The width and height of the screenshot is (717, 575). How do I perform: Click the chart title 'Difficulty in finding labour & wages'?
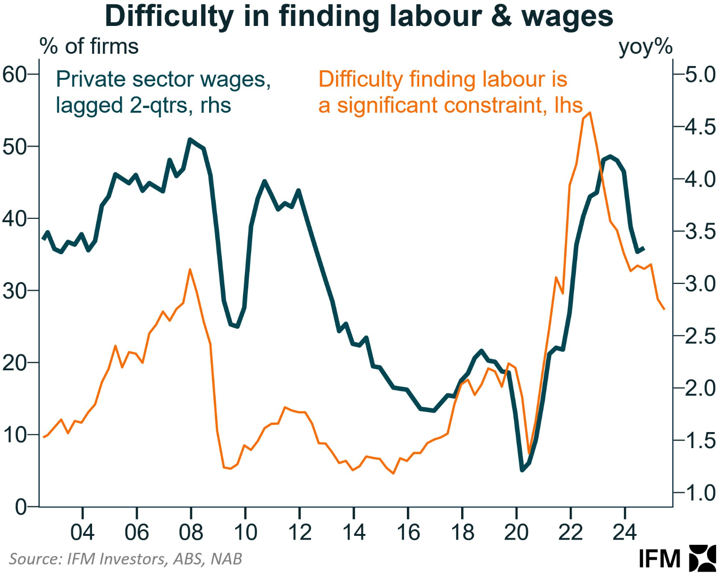click(359, 16)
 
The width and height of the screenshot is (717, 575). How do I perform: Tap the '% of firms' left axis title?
click(89, 47)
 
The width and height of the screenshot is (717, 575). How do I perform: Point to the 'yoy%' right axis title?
click(645, 47)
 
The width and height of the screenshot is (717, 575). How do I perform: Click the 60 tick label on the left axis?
click(14, 75)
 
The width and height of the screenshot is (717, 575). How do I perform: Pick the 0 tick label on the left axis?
click(20, 507)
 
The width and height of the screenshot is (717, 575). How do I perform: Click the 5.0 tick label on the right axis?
click(700, 75)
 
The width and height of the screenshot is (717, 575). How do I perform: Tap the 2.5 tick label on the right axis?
click(700, 336)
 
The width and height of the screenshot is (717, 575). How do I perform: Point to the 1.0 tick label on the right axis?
click(700, 493)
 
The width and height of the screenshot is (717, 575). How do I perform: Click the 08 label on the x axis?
click(191, 533)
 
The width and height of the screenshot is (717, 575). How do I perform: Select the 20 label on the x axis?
click(516, 533)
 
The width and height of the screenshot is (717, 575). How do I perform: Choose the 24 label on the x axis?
click(624, 533)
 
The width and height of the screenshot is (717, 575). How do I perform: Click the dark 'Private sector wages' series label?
click(163, 92)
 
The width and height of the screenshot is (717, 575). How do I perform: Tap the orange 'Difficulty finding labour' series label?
click(450, 92)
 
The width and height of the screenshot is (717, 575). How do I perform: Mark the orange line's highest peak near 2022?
click(590, 113)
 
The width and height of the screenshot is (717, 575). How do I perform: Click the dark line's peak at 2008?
click(190, 140)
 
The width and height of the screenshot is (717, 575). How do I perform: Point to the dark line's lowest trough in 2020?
click(522, 470)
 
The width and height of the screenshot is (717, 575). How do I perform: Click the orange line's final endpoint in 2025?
click(664, 309)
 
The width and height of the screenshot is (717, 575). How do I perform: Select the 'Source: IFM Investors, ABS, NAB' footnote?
click(126, 559)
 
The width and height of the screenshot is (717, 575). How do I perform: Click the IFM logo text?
click(659, 559)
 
